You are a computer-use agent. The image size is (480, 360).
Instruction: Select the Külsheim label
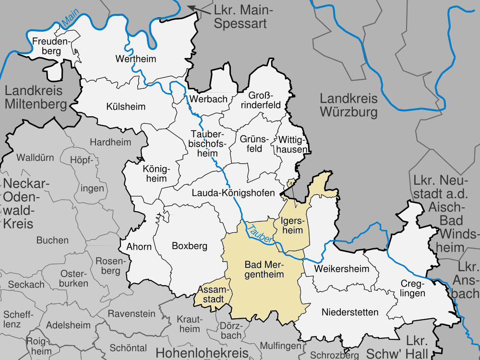[x=126, y=107]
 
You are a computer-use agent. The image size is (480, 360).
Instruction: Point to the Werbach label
[x=208, y=99]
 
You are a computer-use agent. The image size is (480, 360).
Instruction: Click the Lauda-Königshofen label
[x=233, y=193]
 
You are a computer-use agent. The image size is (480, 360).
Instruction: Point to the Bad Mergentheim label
[x=264, y=269]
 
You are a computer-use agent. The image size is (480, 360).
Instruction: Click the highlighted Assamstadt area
[x=213, y=294]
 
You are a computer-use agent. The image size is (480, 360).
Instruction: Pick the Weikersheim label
[x=341, y=268]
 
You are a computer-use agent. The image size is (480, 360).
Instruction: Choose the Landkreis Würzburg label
[x=349, y=106]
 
